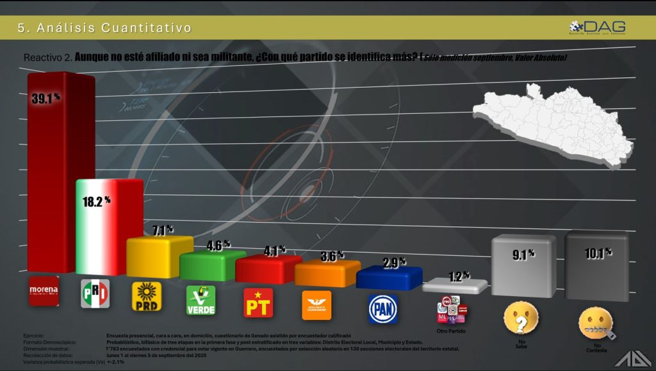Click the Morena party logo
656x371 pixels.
(44, 292)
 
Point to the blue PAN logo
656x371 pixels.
(383, 308)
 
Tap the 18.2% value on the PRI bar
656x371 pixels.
(97, 200)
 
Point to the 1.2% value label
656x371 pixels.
(457, 277)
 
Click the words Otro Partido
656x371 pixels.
(450, 331)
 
